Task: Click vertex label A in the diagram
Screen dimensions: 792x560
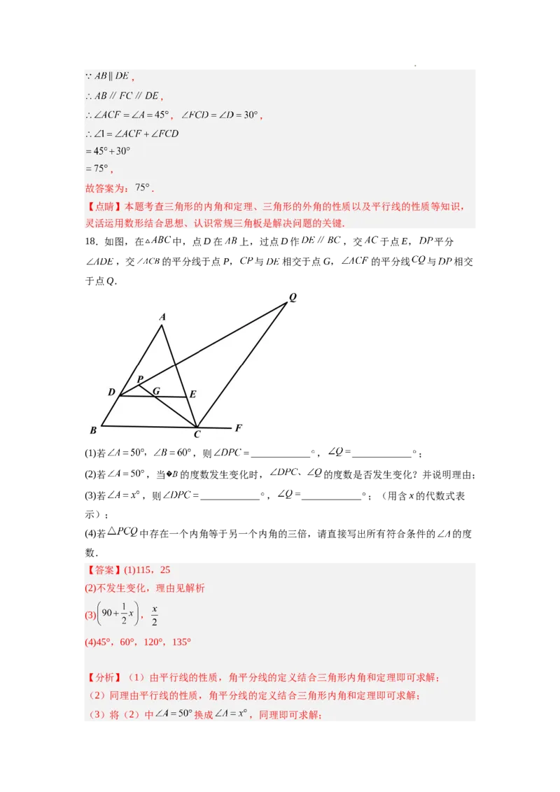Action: coord(162,317)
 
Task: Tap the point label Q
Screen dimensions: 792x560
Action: coord(293,297)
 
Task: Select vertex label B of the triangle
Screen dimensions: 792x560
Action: coord(93,430)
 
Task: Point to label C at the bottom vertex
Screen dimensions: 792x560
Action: coord(197,434)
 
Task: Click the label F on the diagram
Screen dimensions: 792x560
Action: coord(238,427)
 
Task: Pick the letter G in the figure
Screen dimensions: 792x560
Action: coord(156,391)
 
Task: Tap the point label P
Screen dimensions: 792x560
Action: coord(140,380)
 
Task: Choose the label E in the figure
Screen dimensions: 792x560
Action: coord(192,395)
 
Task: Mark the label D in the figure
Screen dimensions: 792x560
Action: coord(111,393)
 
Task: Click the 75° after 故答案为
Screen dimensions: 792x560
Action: coord(143,188)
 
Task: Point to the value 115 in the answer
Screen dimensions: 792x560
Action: coord(148,570)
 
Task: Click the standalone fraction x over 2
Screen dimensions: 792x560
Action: coord(155,616)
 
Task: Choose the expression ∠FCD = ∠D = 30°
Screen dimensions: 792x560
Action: coord(220,115)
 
